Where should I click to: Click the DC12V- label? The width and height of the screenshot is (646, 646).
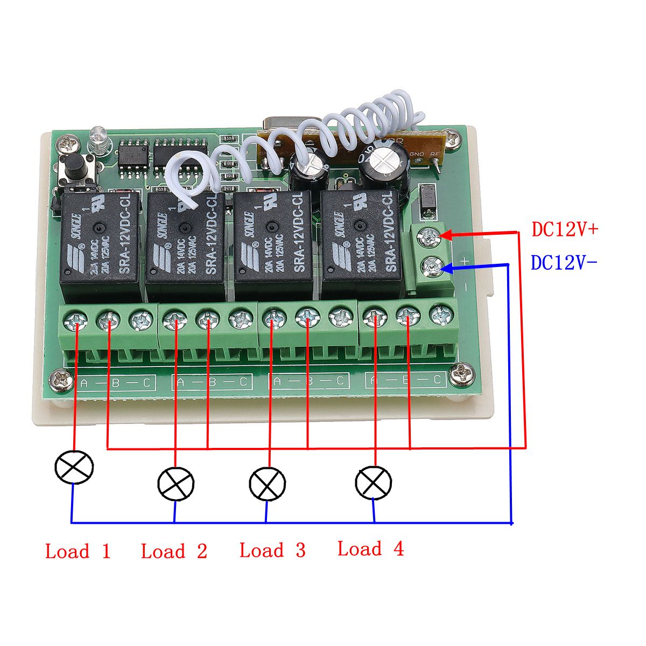click(564, 263)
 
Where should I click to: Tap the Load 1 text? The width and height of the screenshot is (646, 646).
click(78, 551)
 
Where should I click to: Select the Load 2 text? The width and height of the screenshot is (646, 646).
click(174, 551)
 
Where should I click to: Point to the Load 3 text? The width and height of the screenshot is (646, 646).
click(272, 550)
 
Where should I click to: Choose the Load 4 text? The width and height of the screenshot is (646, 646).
click(370, 549)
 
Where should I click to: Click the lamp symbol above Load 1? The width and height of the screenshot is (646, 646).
click(74, 466)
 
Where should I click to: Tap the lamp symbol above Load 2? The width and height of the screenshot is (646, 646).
click(175, 483)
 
